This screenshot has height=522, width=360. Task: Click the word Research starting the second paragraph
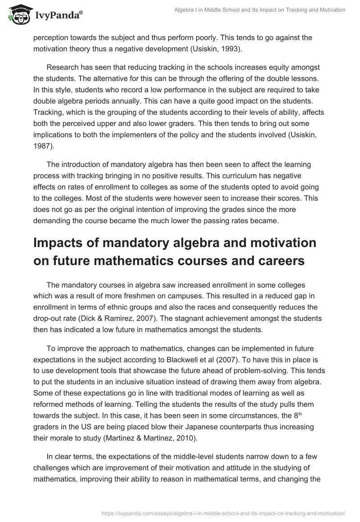64,67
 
